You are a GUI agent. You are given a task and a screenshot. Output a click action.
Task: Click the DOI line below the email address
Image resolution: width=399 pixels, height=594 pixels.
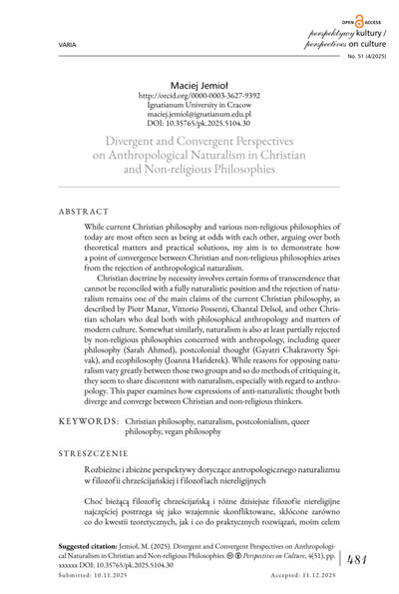pos(199,134)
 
